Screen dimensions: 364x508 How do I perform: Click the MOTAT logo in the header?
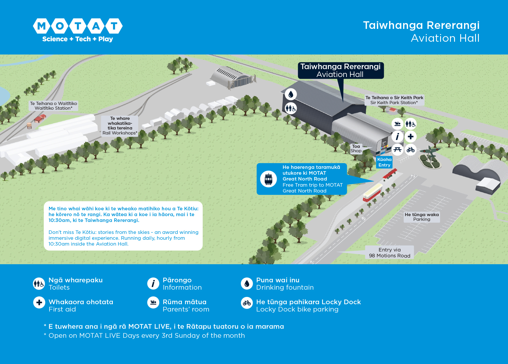(78, 30)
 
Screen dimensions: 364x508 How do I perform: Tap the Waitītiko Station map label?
(53, 106)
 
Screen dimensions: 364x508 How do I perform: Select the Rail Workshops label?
(120, 126)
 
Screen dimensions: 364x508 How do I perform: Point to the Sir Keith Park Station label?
(394, 100)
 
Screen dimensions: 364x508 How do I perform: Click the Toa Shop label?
(356, 148)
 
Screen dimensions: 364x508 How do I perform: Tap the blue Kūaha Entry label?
(384, 162)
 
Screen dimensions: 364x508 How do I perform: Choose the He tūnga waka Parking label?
(421, 217)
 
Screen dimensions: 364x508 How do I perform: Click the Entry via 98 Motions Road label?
(389, 253)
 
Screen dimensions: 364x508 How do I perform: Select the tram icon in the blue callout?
(268, 179)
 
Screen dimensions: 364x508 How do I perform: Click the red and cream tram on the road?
(372, 192)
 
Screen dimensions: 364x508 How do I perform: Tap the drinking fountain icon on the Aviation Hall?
(291, 94)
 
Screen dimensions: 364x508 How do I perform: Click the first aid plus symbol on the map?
(410, 136)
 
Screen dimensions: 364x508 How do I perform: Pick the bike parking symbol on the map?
(410, 150)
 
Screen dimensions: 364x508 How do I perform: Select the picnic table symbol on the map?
(397, 150)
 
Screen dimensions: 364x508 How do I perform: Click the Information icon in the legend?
(153, 283)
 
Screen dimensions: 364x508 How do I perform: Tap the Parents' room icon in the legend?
(153, 302)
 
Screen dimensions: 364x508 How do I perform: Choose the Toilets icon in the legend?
(39, 283)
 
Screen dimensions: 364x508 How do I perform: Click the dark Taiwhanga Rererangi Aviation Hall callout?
(340, 70)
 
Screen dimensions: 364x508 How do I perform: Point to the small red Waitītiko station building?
(40, 118)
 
